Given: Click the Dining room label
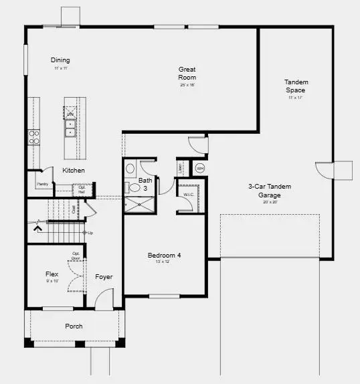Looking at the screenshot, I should [60, 60].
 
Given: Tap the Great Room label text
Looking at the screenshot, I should [187, 73].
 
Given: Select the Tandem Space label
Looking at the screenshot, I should [296, 86].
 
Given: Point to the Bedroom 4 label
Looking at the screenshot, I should [164, 255].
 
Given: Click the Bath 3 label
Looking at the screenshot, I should [145, 184].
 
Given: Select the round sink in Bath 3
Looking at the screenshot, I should [130, 169].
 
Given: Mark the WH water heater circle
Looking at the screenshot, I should [199, 168].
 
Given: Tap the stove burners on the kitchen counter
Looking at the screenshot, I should [33, 136].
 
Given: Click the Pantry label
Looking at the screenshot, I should [42, 183].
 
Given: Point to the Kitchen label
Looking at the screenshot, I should [74, 171].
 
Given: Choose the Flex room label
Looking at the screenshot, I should [52, 274].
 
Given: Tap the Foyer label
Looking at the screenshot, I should [104, 277].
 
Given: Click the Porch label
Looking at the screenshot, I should [74, 326].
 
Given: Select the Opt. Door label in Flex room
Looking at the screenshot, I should [76, 256].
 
